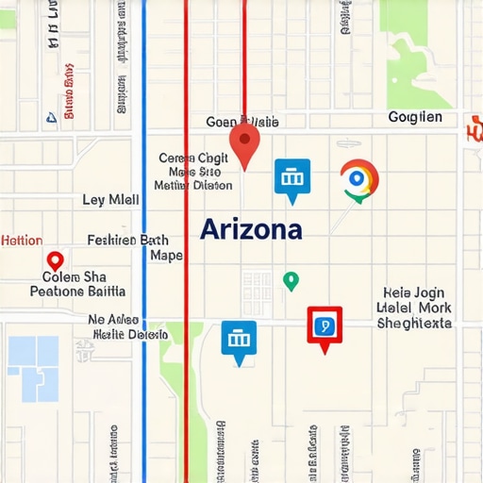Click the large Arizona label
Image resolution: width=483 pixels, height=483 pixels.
[251, 229]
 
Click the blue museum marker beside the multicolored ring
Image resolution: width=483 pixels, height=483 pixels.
[291, 177]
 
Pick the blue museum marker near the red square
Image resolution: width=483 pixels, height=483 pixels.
[239, 340]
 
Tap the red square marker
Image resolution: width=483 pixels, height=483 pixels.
[325, 325]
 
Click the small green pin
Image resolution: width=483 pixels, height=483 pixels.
[291, 280]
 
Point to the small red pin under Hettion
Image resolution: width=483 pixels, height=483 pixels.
[55, 260]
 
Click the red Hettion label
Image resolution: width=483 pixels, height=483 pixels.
[22, 240]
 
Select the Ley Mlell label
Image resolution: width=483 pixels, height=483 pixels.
[110, 200]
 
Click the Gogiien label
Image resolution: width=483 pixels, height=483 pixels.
[415, 118]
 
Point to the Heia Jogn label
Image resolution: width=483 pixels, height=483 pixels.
[414, 292]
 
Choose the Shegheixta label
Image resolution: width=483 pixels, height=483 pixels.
[414, 323]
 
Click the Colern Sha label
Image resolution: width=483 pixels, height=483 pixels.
[75, 276]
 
